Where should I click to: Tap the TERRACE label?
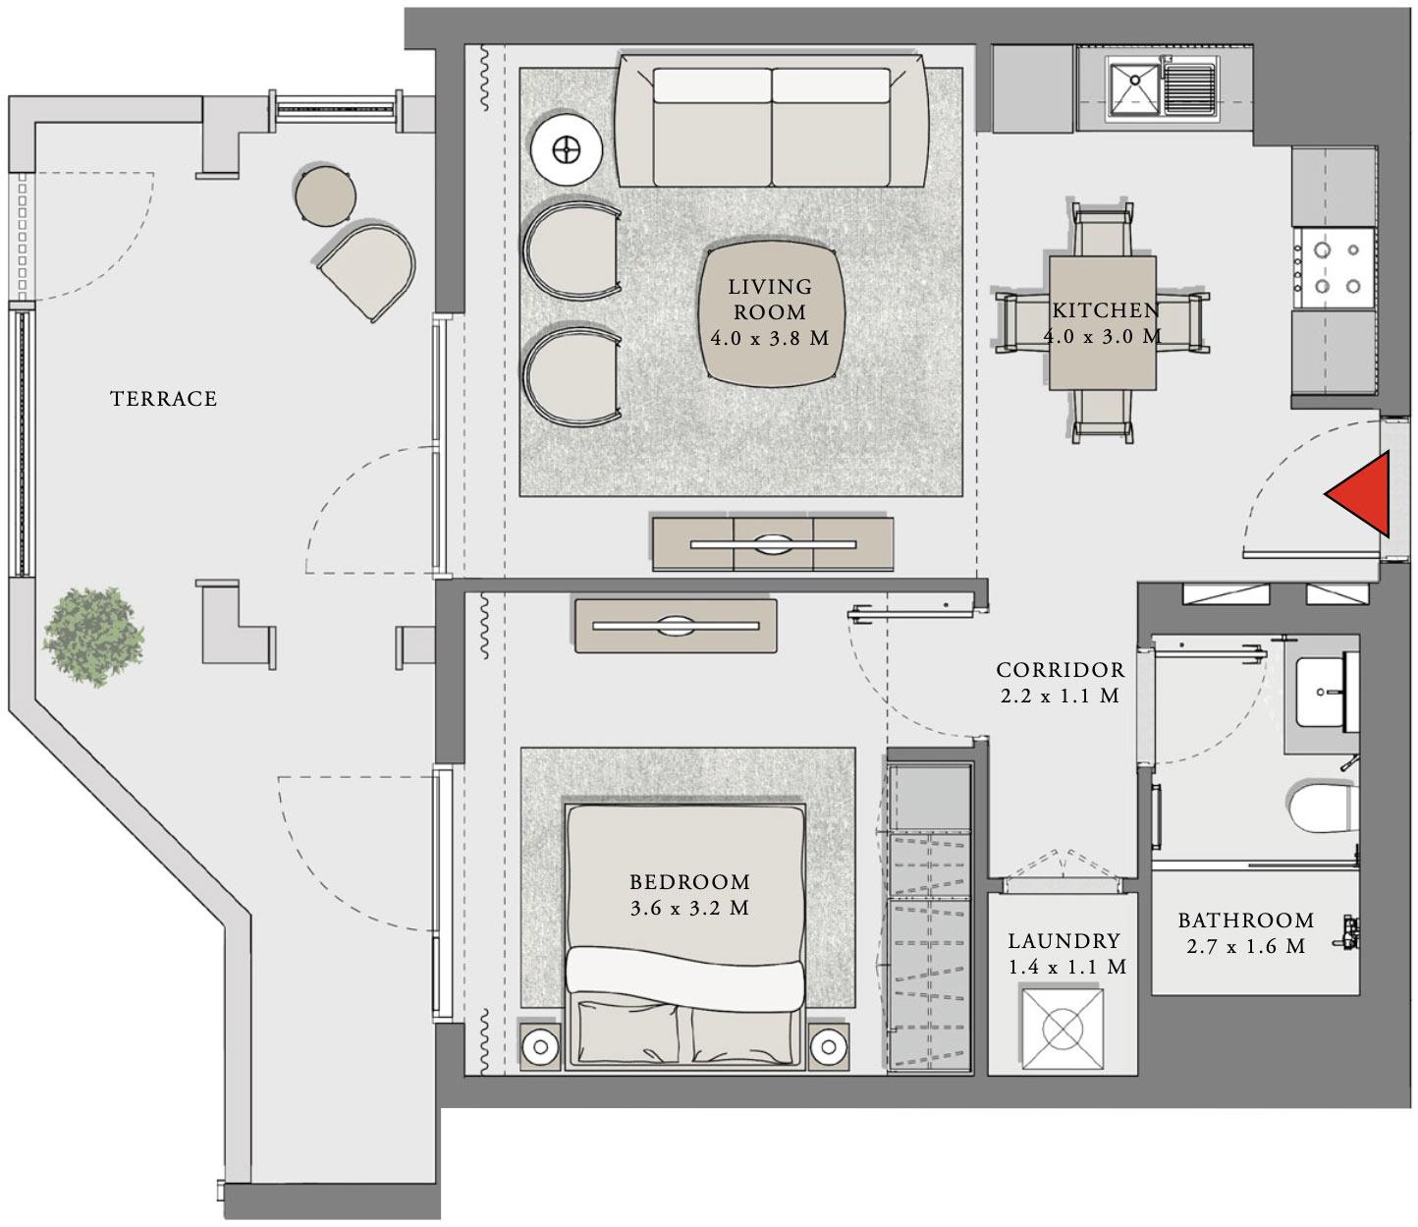164,399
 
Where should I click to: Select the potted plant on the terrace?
92,636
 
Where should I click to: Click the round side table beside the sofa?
567,150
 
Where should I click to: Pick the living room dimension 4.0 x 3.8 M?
770,338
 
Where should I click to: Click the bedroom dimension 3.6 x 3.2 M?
689,909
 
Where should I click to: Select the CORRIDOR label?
1060,670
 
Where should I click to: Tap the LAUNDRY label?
1063,940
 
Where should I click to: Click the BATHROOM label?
1245,920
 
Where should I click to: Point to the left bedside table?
540,1046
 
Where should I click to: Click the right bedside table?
831,1046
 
